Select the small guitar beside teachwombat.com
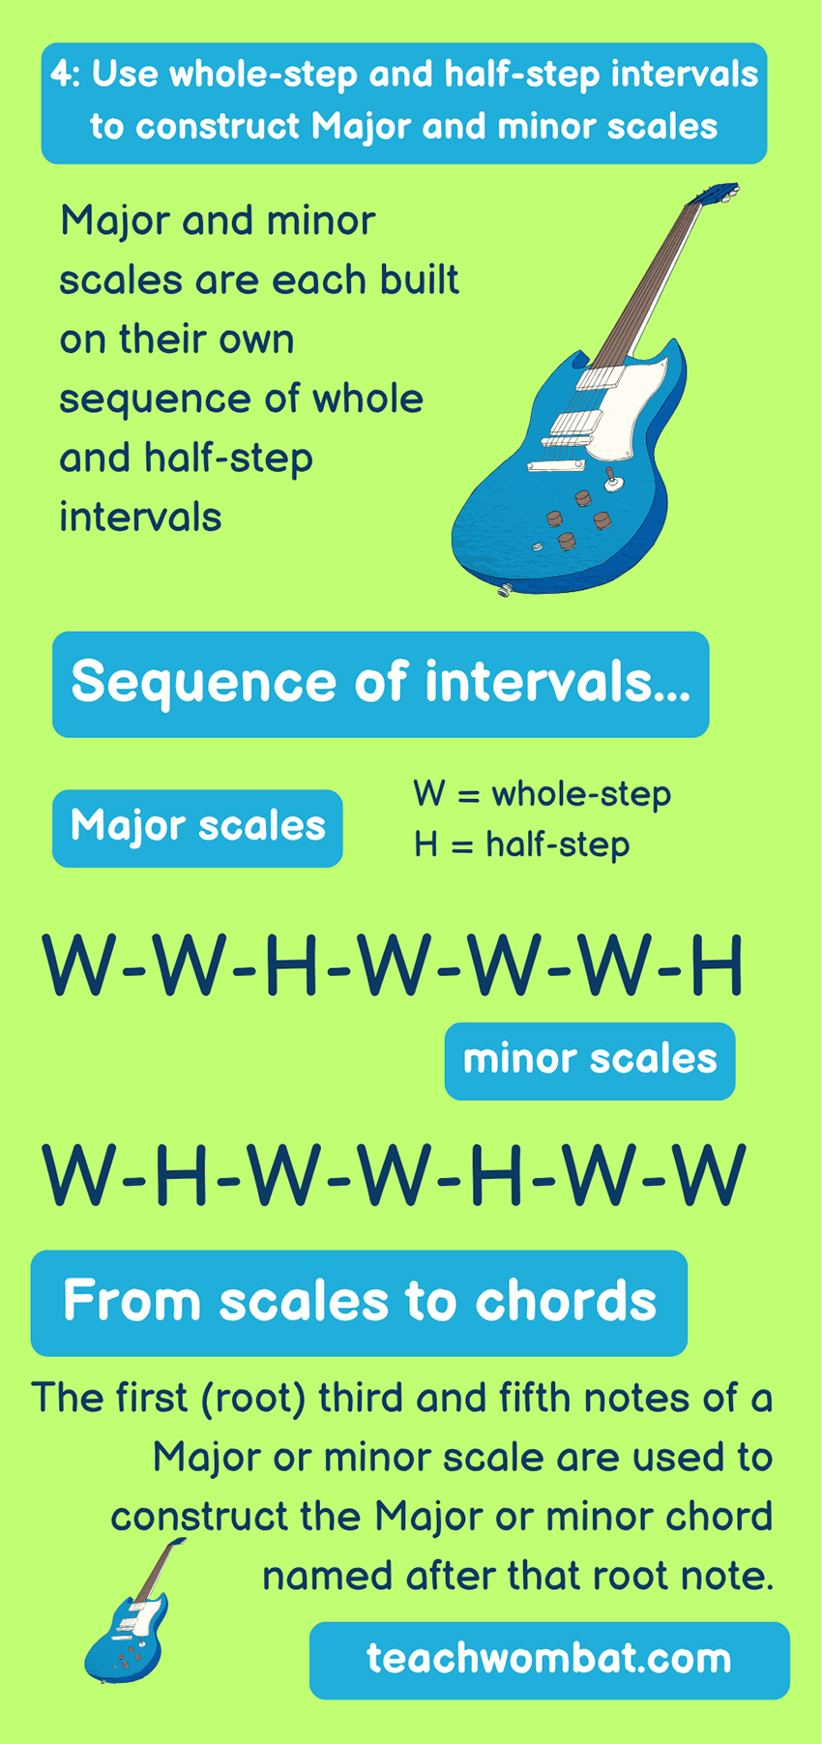(130, 1616)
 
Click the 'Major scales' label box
(197, 827)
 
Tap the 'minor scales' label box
(589, 1060)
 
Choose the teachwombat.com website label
(548, 1659)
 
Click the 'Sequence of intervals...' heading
(380, 683)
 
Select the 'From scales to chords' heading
(359, 1301)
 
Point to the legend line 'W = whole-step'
(542, 794)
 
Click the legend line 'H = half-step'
(521, 844)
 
